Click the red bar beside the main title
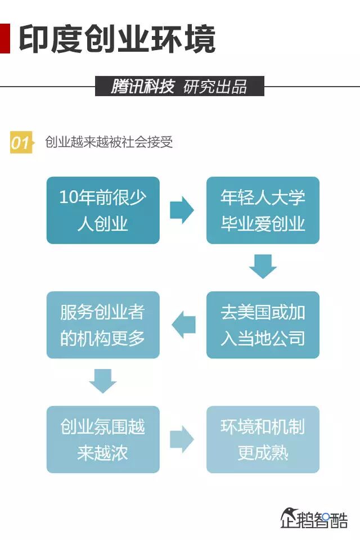(4, 38)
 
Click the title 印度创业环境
(117, 38)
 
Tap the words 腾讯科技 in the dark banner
(142, 87)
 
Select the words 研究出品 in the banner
(215, 87)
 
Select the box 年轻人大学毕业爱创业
(263, 210)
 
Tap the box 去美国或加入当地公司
(263, 325)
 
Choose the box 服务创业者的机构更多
(103, 325)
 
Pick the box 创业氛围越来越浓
(103, 439)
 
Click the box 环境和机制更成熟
(263, 439)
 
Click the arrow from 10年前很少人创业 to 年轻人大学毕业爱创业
(182, 210)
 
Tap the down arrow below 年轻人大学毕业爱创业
(263, 267)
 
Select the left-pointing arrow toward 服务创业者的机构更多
(183, 325)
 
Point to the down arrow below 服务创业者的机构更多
(103, 381)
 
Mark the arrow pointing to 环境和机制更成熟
(182, 439)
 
